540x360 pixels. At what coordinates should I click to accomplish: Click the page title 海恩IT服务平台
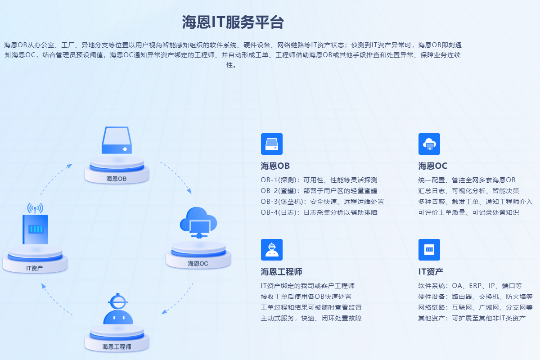pyautogui.click(x=233, y=22)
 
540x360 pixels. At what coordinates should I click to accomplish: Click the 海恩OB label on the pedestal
pyautogui.click(x=117, y=179)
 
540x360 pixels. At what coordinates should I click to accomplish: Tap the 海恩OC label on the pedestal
pyautogui.click(x=198, y=263)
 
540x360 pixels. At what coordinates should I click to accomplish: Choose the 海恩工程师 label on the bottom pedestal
pyautogui.click(x=117, y=346)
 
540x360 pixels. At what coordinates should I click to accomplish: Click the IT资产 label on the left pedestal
pyautogui.click(x=35, y=268)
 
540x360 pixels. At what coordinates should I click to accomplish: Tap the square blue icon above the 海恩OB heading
pyautogui.click(x=272, y=144)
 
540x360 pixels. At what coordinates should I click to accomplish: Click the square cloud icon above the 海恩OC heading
pyautogui.click(x=429, y=144)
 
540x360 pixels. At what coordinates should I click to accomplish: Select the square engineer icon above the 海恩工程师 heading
pyautogui.click(x=272, y=250)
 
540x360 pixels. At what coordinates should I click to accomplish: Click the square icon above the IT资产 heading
pyautogui.click(x=429, y=250)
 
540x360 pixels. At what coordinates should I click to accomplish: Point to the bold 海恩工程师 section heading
pyautogui.click(x=281, y=271)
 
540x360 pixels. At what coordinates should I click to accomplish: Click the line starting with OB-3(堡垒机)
pyautogui.click(x=322, y=202)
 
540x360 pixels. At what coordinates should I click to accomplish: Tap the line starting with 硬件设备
pyautogui.click(x=475, y=297)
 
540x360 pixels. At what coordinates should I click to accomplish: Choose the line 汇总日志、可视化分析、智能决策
pyautogui.click(x=468, y=191)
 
